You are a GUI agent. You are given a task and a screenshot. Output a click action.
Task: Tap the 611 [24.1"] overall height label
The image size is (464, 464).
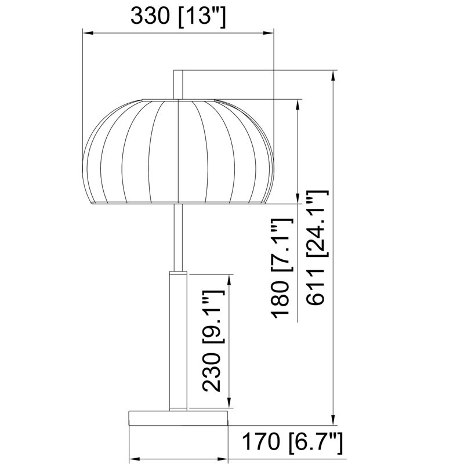317,248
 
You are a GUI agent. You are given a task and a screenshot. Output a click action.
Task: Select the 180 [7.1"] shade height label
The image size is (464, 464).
282,269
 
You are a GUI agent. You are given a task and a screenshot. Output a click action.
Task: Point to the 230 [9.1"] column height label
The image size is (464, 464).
213,341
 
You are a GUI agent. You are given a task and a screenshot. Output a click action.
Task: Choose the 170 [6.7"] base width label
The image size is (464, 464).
292,443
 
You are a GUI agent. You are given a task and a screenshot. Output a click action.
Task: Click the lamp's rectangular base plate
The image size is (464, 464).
179,418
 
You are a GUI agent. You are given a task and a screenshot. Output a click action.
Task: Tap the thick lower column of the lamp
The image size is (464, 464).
178,341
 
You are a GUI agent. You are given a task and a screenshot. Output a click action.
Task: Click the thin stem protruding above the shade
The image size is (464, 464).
178,85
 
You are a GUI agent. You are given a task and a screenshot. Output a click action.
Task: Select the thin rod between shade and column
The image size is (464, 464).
178,237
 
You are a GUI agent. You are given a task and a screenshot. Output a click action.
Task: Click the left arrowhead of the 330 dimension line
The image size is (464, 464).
88,32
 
